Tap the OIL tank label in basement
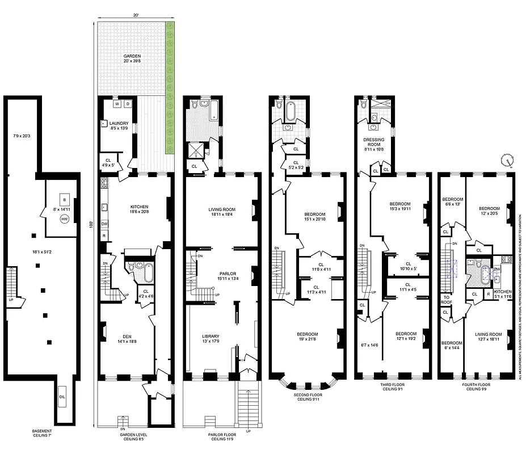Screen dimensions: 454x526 (62, 397)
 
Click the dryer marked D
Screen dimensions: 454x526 (128, 104)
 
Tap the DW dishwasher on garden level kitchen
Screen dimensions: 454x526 (104, 224)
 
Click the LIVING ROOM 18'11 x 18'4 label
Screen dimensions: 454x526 (218, 212)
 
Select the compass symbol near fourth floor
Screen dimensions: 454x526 (507, 160)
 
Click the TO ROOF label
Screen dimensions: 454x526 (446, 300)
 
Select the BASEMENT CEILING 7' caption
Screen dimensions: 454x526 (42, 435)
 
